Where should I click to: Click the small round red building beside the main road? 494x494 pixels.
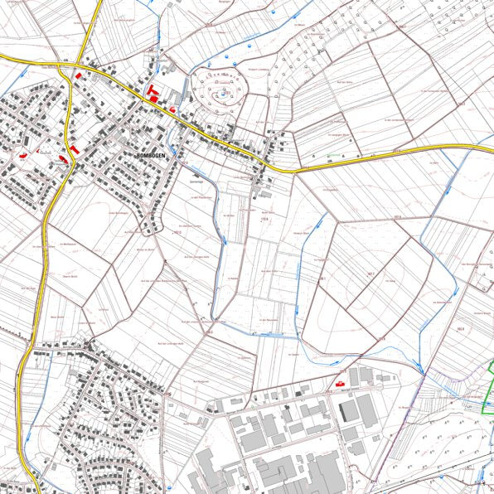[172, 109]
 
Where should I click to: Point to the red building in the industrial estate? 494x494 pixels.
[339, 383]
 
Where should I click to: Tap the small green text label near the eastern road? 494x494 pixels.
[330, 154]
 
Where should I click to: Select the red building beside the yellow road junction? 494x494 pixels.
[79, 75]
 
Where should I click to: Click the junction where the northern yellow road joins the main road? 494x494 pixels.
[80, 64]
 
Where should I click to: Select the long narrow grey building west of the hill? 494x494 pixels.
[177, 91]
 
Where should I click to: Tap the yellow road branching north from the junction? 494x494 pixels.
[86, 33]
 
